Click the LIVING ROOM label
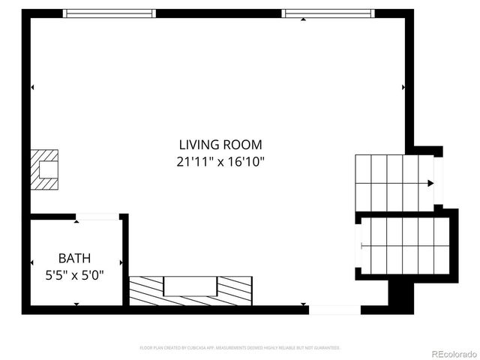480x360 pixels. pos(220,145)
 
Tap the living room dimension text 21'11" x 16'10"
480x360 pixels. pos(220,160)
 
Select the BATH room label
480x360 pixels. pos(74,259)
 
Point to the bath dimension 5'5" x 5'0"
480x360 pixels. pos(74,274)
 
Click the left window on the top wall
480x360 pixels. pos(109,13)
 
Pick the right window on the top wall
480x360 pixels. pos(327,13)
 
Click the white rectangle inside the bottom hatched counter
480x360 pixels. pos(190,286)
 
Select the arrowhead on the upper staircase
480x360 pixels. pos(430,183)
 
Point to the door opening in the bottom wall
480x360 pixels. pos(334,310)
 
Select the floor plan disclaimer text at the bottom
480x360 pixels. pos(240,348)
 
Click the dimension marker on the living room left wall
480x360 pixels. pos(32,88)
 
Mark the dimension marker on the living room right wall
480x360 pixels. pos(403,88)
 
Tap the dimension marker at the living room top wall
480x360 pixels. pos(303,19)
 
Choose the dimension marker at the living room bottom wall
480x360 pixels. pos(303,304)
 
